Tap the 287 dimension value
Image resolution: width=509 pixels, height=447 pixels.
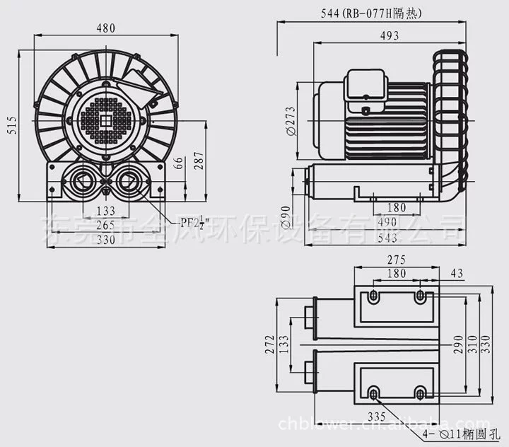tap(199, 164)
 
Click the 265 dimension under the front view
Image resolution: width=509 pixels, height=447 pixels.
tap(105, 225)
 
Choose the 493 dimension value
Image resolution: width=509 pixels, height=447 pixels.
tap(388, 36)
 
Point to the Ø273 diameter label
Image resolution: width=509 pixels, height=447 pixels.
tap(291, 120)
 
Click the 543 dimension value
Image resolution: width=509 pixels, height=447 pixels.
tap(387, 239)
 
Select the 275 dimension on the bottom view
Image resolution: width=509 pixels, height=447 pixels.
tap(397, 260)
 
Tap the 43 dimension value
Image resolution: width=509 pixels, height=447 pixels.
tap(457, 274)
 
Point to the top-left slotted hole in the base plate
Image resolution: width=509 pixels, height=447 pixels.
tap(374, 295)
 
